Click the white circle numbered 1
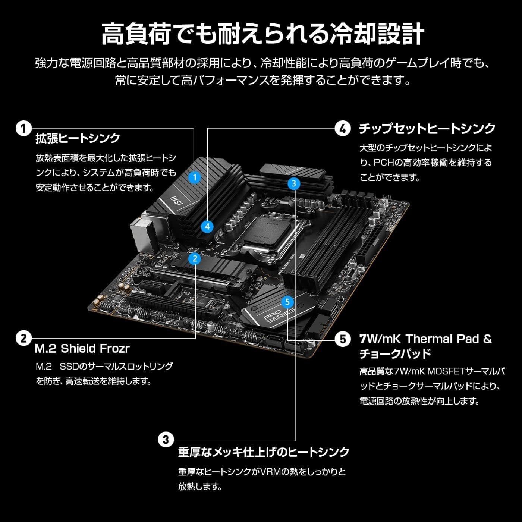pos(23,129)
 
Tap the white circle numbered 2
pos(23,339)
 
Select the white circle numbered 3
pos(166,440)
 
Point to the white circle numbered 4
pos(343,129)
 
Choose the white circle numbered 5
pos(343,339)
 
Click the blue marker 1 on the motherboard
pos(195,177)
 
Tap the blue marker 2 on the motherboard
pos(195,258)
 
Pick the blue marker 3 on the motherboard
pos(294,183)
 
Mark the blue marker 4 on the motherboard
pos(207,226)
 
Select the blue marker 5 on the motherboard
pos(287,302)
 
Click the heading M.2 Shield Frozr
pos(82,349)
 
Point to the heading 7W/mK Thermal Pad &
pos(425,339)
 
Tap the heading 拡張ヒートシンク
pos(78,138)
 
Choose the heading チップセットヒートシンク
pos(427,129)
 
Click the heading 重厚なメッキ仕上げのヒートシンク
pos(264,452)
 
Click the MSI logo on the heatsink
pos(176,201)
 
